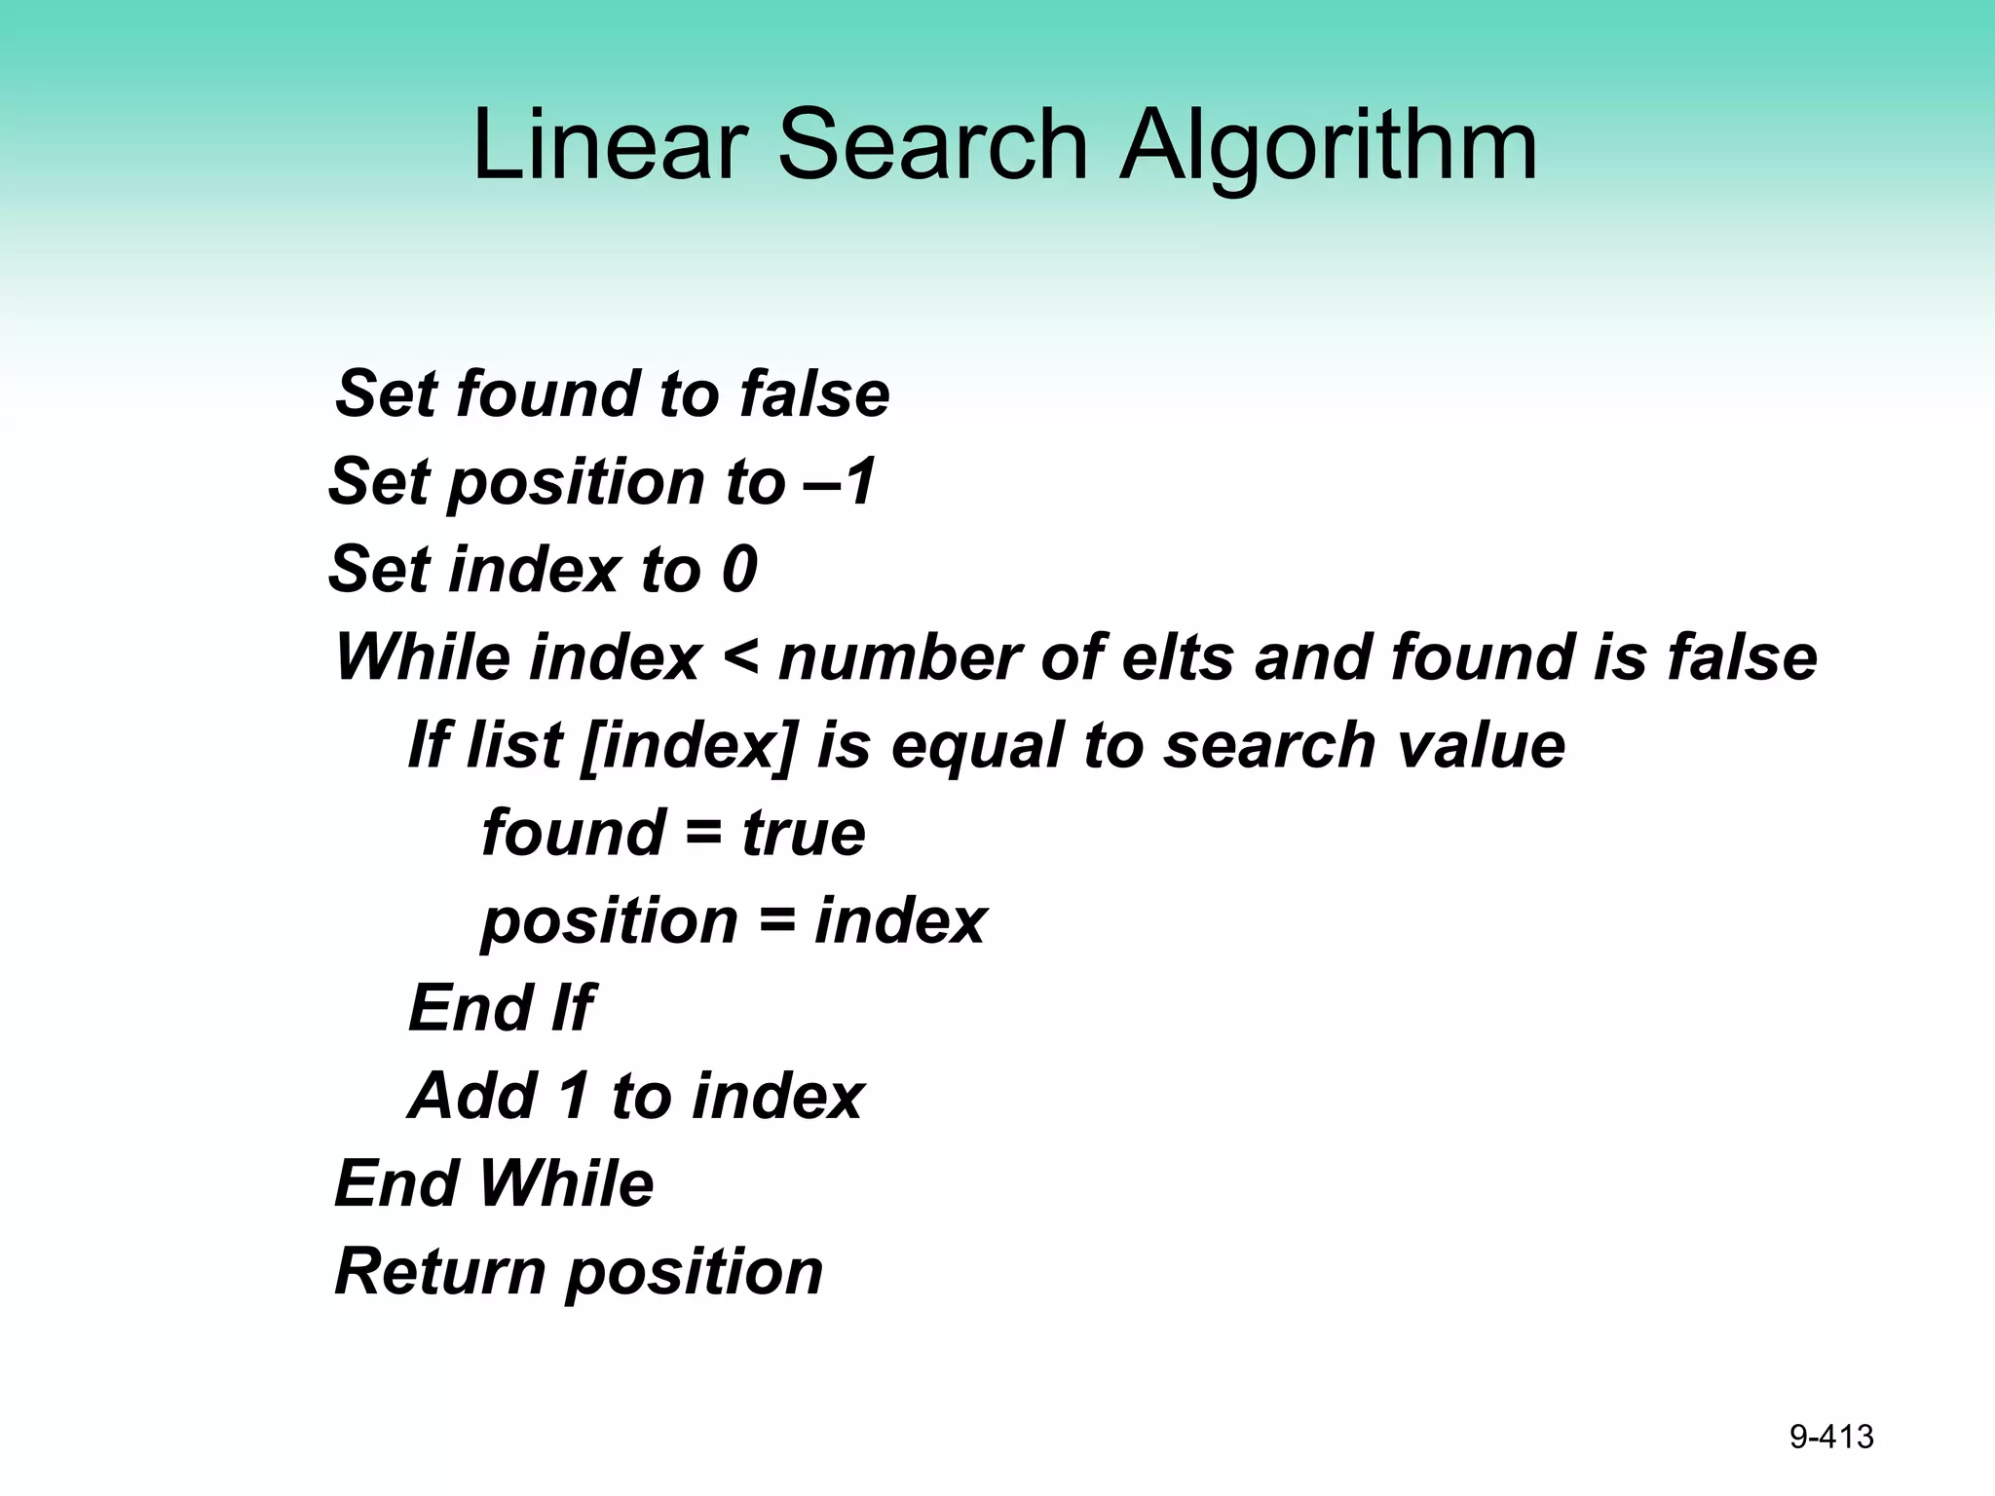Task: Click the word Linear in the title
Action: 610,146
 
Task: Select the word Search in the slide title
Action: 932,146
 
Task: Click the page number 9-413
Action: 1831,1437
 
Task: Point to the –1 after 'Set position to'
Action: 842,483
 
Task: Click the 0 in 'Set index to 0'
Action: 739,570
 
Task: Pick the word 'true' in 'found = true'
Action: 804,834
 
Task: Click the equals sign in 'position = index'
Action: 776,921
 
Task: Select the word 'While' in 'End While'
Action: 566,1184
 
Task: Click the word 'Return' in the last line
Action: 440,1272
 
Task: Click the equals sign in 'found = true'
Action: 703,834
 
